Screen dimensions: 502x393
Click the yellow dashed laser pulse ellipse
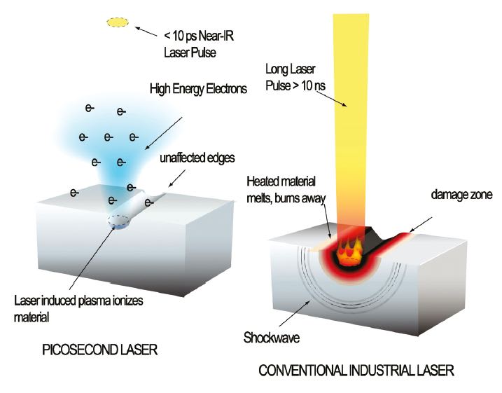tap(117, 23)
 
